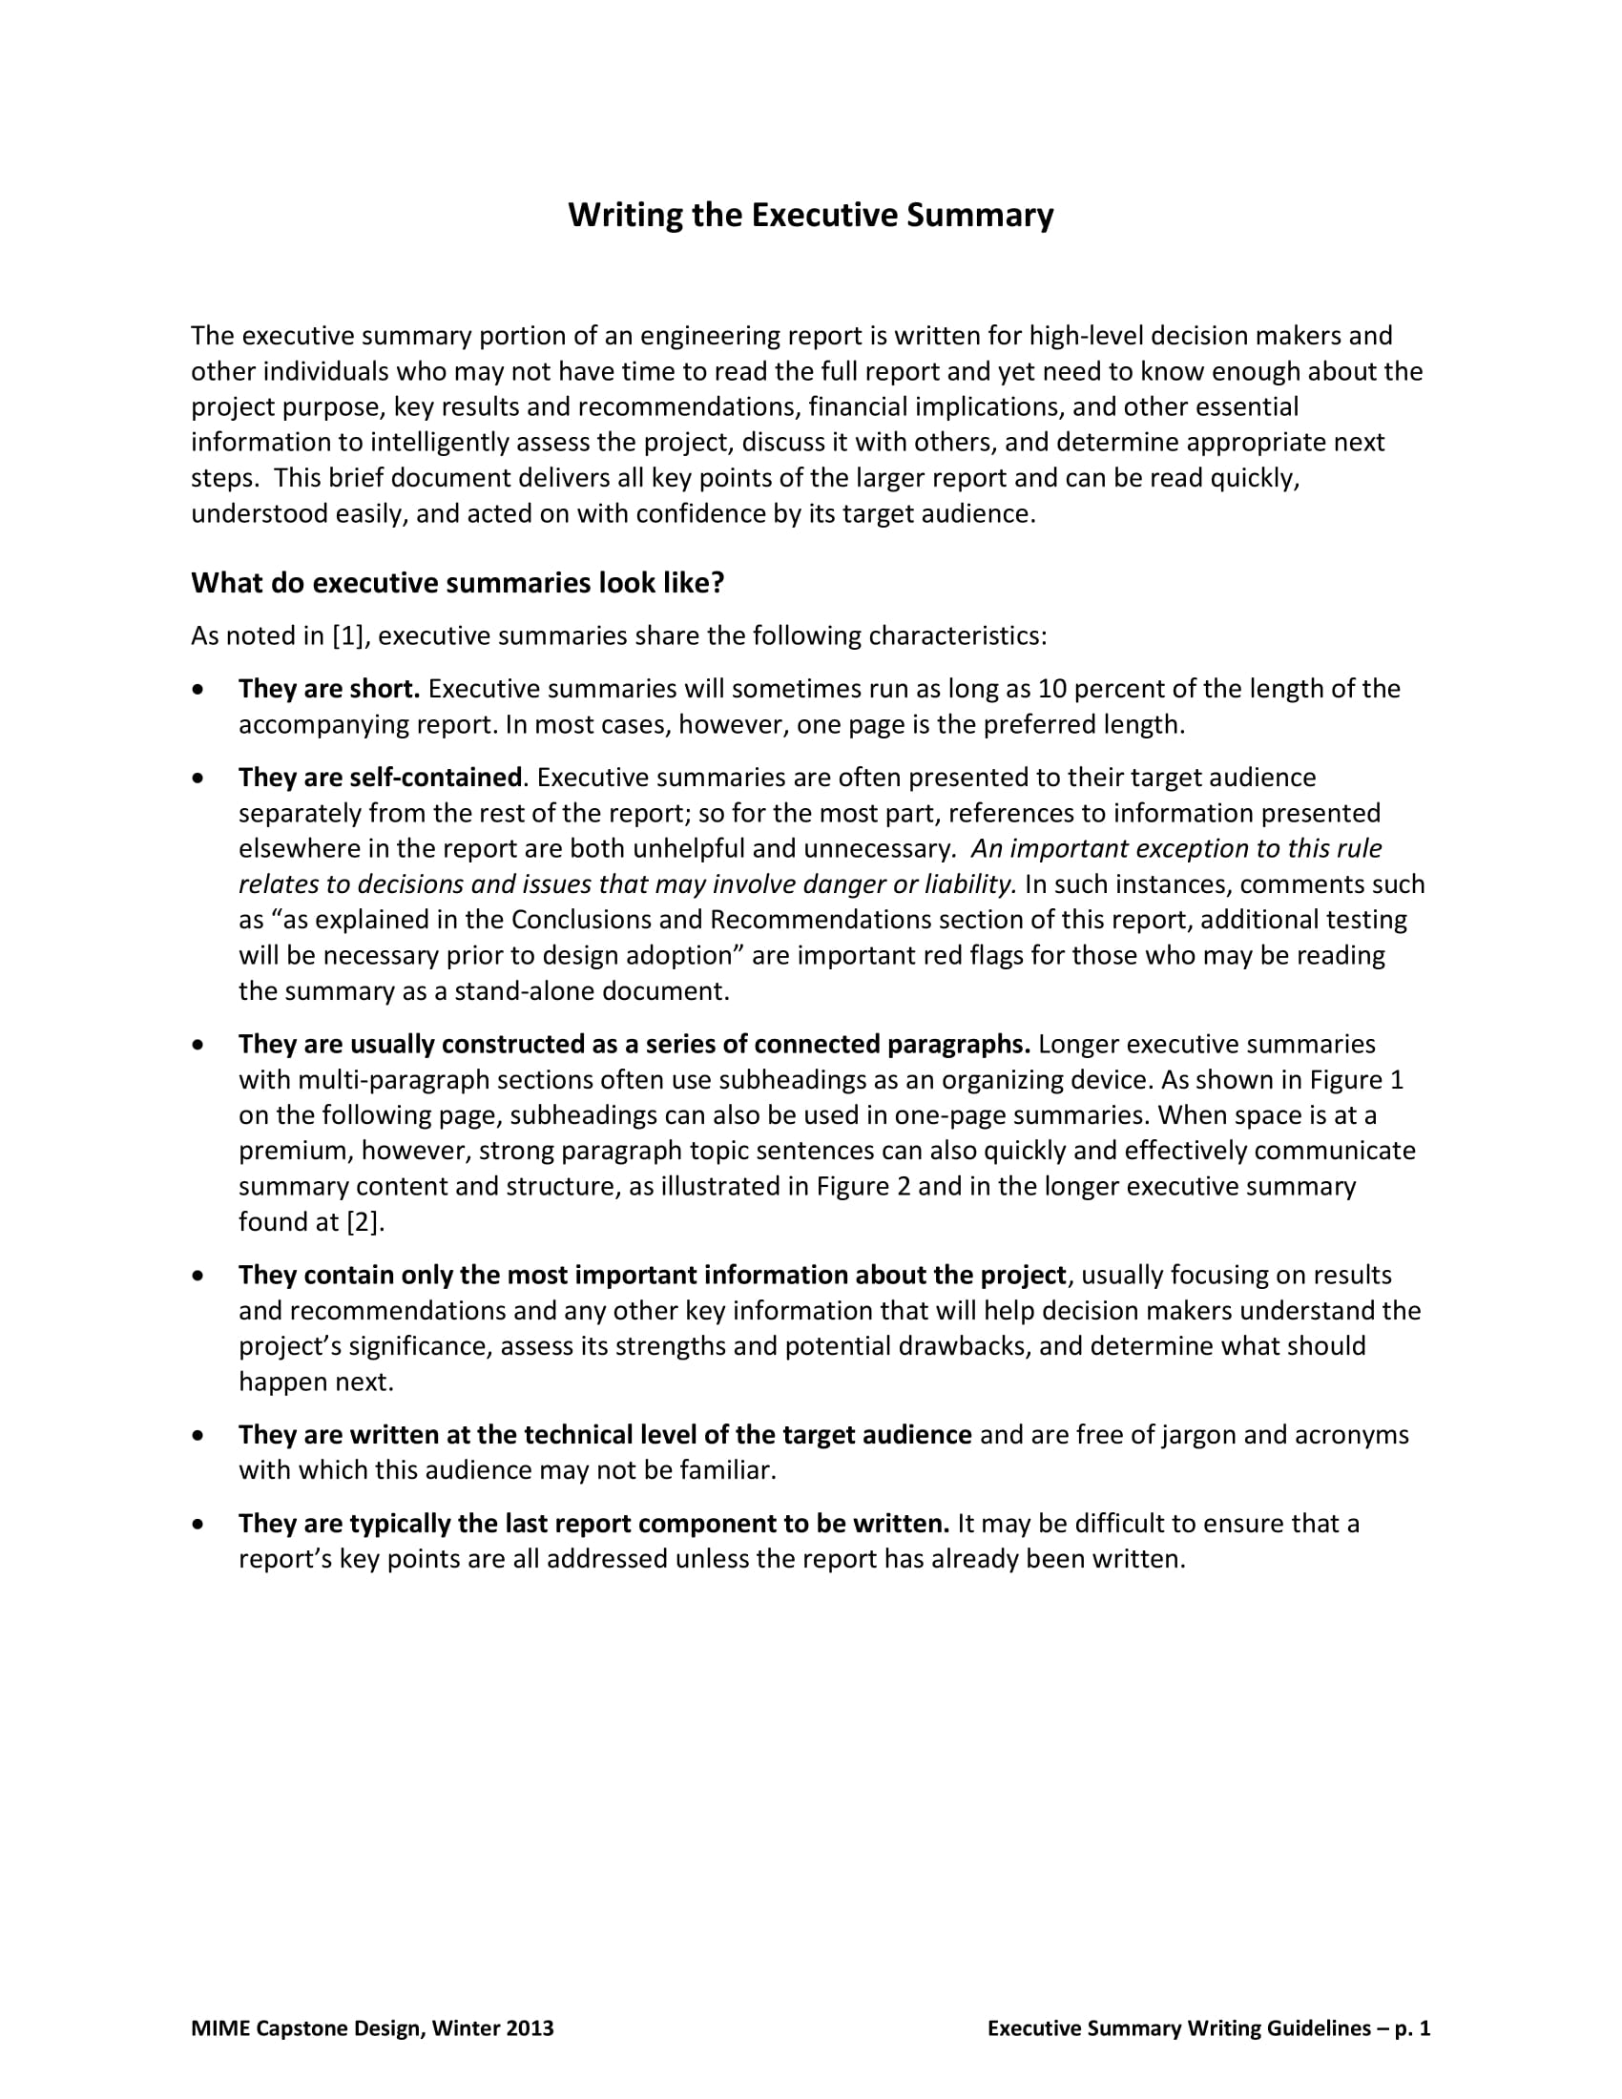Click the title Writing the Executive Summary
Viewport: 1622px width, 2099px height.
[810, 215]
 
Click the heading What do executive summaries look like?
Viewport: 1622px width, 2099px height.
[457, 583]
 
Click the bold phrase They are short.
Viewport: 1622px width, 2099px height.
[329, 689]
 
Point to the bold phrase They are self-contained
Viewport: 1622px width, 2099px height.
[381, 777]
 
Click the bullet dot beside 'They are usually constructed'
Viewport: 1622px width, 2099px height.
[198, 1044]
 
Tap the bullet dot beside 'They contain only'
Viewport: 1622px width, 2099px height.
[198, 1276]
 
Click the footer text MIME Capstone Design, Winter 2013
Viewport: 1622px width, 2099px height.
[373, 2027]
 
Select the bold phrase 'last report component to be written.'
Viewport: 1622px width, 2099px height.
[727, 1524]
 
